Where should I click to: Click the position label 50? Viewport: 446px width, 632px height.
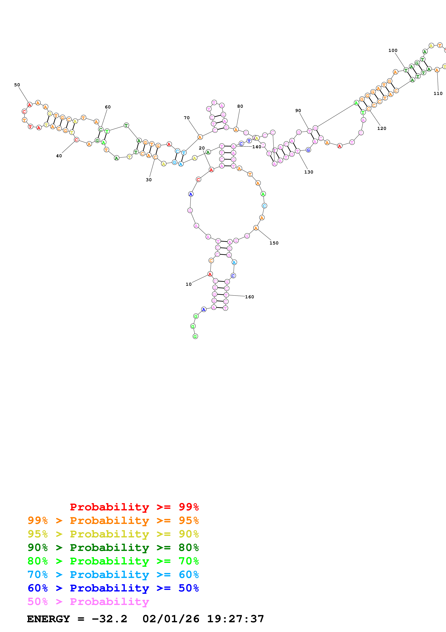[17, 85]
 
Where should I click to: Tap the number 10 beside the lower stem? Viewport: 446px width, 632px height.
[189, 284]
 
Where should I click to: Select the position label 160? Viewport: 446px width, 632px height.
[250, 297]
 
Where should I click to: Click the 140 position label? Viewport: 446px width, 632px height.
[257, 147]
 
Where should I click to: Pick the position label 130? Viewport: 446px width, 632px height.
[309, 172]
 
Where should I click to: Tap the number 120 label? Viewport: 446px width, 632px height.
[382, 128]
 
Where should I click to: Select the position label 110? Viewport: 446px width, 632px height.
[438, 93]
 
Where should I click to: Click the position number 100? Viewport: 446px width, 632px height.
[393, 50]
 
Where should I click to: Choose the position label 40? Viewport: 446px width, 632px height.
[59, 156]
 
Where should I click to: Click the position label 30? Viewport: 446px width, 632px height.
[149, 180]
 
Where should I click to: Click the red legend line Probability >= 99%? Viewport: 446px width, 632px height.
[134, 507]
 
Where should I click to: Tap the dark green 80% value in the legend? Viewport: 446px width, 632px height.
[189, 548]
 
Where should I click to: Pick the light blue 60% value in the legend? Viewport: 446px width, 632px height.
[189, 575]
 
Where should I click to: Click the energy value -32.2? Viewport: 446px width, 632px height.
[109, 619]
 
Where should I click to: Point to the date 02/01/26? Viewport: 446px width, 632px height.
[171, 619]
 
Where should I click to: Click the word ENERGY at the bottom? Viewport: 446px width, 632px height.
[48, 619]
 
